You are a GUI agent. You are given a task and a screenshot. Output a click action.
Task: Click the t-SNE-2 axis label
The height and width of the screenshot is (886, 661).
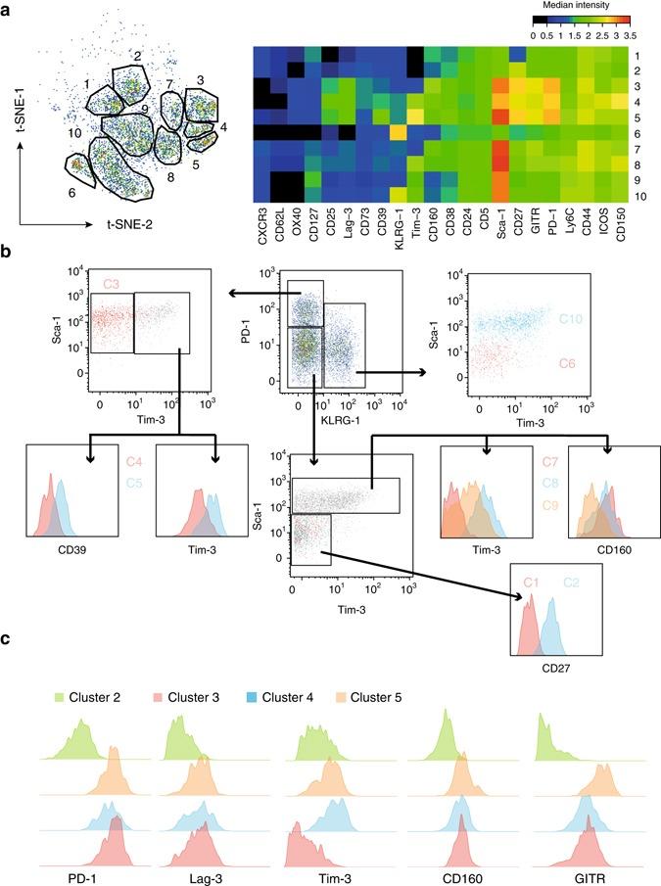pyautogui.click(x=135, y=224)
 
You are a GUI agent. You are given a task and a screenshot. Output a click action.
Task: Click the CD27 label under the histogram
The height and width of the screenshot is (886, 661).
pyautogui.click(x=556, y=669)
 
